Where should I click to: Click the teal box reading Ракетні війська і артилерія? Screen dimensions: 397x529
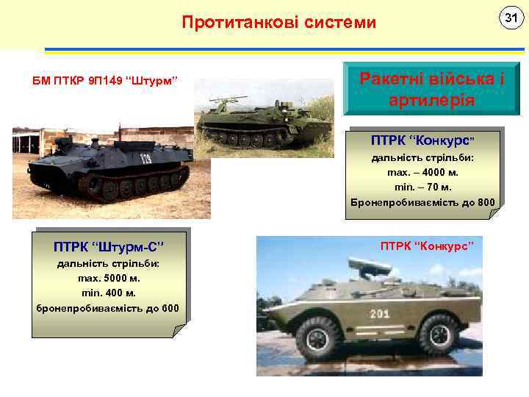tap(431, 88)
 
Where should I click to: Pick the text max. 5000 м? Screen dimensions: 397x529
tap(109, 279)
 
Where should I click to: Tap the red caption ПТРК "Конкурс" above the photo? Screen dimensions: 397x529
tap(426, 244)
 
